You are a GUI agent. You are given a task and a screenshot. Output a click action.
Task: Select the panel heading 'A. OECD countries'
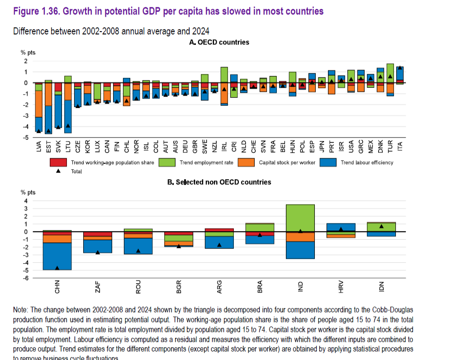(219, 42)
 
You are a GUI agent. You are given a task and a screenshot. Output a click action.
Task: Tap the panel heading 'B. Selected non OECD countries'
(219, 182)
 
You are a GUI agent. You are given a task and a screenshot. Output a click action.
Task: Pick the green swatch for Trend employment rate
(167, 162)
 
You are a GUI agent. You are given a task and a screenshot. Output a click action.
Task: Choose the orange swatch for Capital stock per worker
(248, 162)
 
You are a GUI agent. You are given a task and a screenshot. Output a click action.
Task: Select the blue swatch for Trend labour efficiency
(328, 162)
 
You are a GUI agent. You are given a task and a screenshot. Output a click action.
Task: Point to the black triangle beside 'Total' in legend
(58, 171)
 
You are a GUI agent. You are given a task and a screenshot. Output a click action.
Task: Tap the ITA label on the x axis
(400, 146)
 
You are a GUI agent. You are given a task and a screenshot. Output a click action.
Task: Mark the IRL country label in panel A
(224, 146)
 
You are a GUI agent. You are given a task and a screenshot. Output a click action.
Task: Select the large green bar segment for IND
(300, 218)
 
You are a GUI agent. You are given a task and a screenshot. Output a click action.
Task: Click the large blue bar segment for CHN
(57, 256)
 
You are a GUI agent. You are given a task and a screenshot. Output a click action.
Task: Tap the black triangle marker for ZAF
(98, 252)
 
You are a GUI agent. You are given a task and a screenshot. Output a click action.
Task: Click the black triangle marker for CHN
(57, 268)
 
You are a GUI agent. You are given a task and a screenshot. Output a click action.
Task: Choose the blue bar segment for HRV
(341, 227)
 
